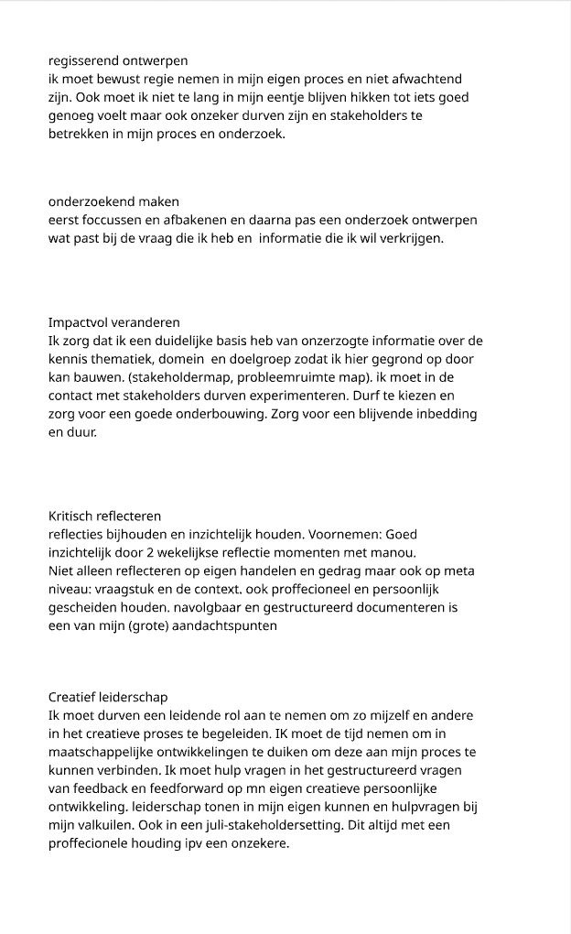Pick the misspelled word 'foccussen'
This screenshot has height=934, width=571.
[x=110, y=220]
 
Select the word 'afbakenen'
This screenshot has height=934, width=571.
[x=189, y=220]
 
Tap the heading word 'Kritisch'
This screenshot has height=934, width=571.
[x=72, y=516]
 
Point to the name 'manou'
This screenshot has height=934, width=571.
[x=395, y=553]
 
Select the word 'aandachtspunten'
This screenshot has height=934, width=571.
[x=223, y=626]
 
